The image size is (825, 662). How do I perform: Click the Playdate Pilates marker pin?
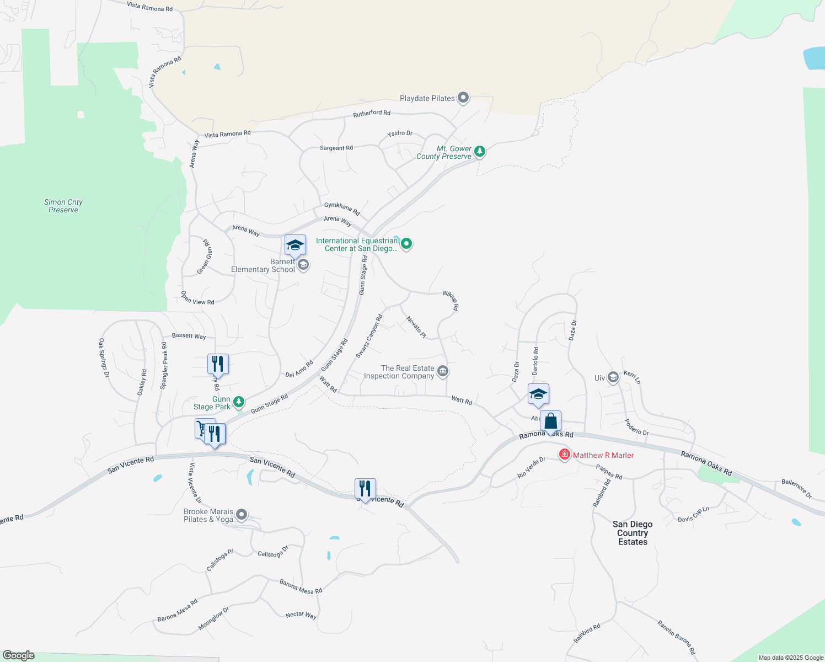(463, 98)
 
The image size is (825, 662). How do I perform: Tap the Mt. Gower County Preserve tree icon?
(480, 151)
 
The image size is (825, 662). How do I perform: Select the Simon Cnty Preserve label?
(63, 206)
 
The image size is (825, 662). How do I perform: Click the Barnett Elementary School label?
(263, 266)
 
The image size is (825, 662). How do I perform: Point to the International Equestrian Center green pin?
(406, 243)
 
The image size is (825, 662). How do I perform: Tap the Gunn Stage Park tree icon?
(239, 402)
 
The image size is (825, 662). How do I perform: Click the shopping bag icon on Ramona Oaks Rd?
(550, 421)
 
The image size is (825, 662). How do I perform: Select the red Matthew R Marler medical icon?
(564, 455)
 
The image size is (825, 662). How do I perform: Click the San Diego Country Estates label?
(633, 533)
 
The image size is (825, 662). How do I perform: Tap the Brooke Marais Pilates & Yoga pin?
(241, 515)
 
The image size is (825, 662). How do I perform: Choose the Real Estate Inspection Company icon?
(442, 371)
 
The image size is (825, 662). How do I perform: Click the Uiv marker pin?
(613, 377)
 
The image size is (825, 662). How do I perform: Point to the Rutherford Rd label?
(372, 114)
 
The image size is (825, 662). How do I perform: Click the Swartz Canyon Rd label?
(369, 337)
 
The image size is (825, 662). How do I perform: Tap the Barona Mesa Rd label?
(301, 587)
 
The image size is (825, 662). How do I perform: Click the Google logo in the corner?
(18, 655)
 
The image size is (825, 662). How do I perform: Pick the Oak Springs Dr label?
(103, 357)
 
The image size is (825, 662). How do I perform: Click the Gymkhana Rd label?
(342, 209)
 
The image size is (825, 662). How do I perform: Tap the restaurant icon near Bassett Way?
(218, 364)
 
